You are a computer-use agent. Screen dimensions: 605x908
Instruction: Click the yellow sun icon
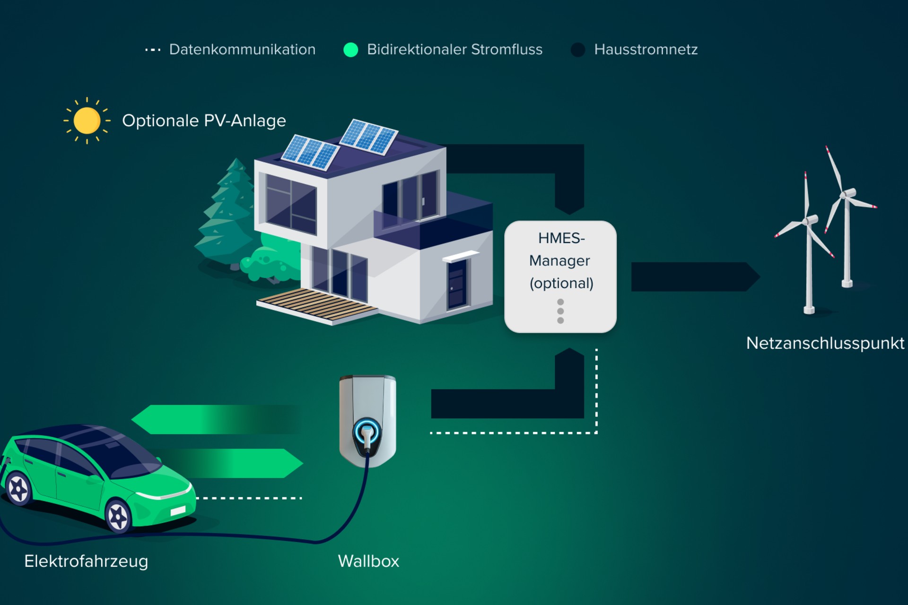coord(87,121)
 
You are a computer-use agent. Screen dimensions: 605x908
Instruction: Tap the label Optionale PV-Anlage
coord(204,121)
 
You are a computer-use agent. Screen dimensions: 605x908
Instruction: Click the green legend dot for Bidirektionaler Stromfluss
coord(350,50)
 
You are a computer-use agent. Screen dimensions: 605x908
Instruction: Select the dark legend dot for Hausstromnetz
coord(578,50)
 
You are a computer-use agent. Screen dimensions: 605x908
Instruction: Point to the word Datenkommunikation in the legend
coord(242,50)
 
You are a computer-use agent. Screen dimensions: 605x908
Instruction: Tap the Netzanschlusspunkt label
coord(825,343)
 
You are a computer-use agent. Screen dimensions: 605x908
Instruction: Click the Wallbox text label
coord(368,561)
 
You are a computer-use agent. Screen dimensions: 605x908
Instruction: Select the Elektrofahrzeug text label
coord(86,561)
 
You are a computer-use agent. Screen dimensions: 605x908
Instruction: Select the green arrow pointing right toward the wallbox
coord(236,463)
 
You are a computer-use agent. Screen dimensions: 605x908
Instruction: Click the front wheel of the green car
coord(118,517)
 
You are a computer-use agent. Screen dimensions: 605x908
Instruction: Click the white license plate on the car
coord(178,511)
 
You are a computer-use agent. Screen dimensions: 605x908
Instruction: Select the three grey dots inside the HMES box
coord(560,311)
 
